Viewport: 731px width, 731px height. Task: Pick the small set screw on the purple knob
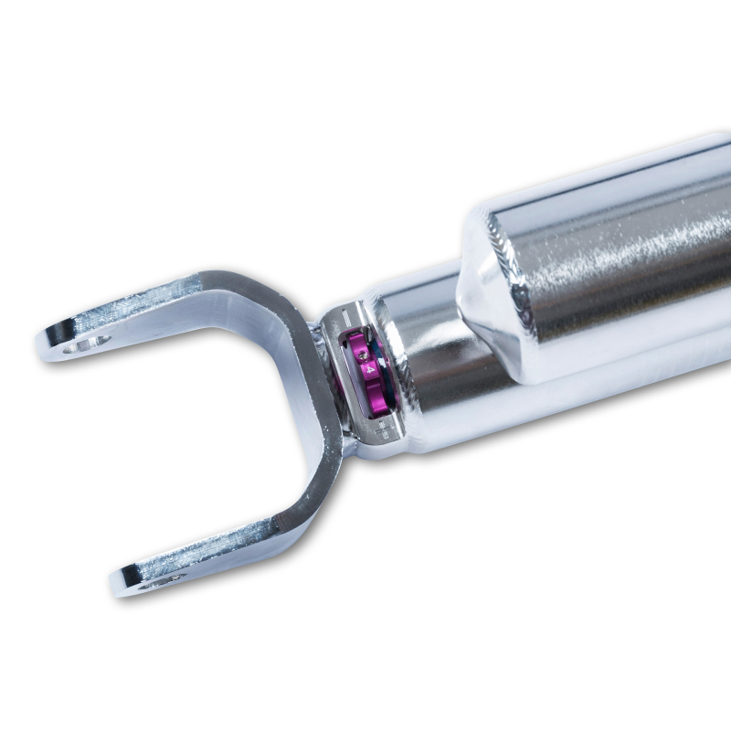(x=362, y=350)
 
